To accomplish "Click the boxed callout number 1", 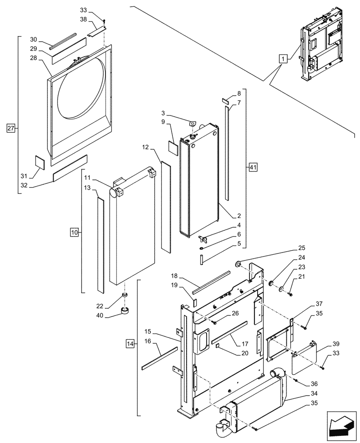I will tap(282, 58).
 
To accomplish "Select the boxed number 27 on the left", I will tap(12, 128).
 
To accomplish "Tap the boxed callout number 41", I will tap(253, 167).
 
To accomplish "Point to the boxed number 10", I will tap(74, 232).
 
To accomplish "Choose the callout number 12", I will tap(145, 147).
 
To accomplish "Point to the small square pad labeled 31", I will tap(40, 163).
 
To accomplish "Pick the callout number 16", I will tap(147, 341).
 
